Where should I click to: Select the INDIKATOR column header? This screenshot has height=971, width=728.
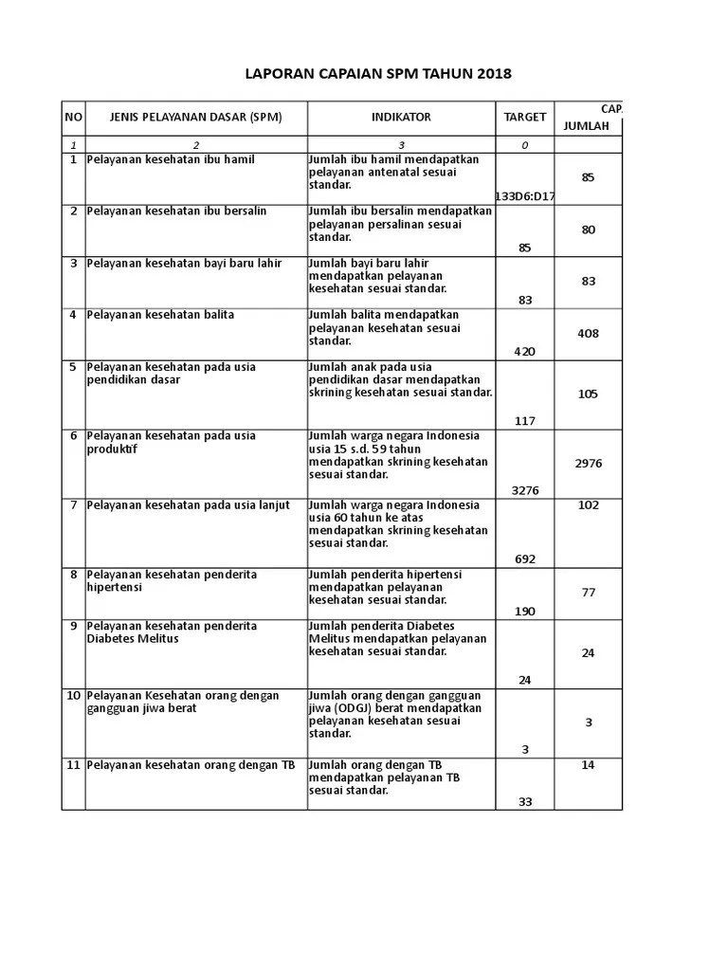[x=401, y=118]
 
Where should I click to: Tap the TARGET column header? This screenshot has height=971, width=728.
[x=525, y=118]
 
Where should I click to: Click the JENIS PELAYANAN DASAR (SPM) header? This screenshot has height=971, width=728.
[x=196, y=118]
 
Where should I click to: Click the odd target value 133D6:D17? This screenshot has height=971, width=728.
[x=525, y=196]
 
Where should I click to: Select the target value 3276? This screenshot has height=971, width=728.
[x=525, y=490]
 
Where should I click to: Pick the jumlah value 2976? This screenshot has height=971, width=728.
[x=589, y=464]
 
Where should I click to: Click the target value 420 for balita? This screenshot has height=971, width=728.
[x=525, y=352]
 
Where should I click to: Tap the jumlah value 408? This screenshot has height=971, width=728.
[x=589, y=334]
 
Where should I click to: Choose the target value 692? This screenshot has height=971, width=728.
[x=525, y=559]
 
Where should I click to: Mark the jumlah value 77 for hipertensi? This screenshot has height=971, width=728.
[x=589, y=593]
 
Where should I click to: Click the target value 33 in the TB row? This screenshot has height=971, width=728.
[x=525, y=802]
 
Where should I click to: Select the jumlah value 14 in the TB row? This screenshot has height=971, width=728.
[x=589, y=765]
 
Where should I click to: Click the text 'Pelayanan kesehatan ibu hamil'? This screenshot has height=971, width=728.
[x=171, y=160]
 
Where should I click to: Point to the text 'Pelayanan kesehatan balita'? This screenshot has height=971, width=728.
[x=161, y=315]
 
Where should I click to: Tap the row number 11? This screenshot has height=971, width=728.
[x=73, y=765]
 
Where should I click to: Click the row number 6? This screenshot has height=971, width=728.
[x=73, y=436]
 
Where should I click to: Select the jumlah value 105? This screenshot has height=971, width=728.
[x=589, y=394]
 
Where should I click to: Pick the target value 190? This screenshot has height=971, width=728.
[x=525, y=612]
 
